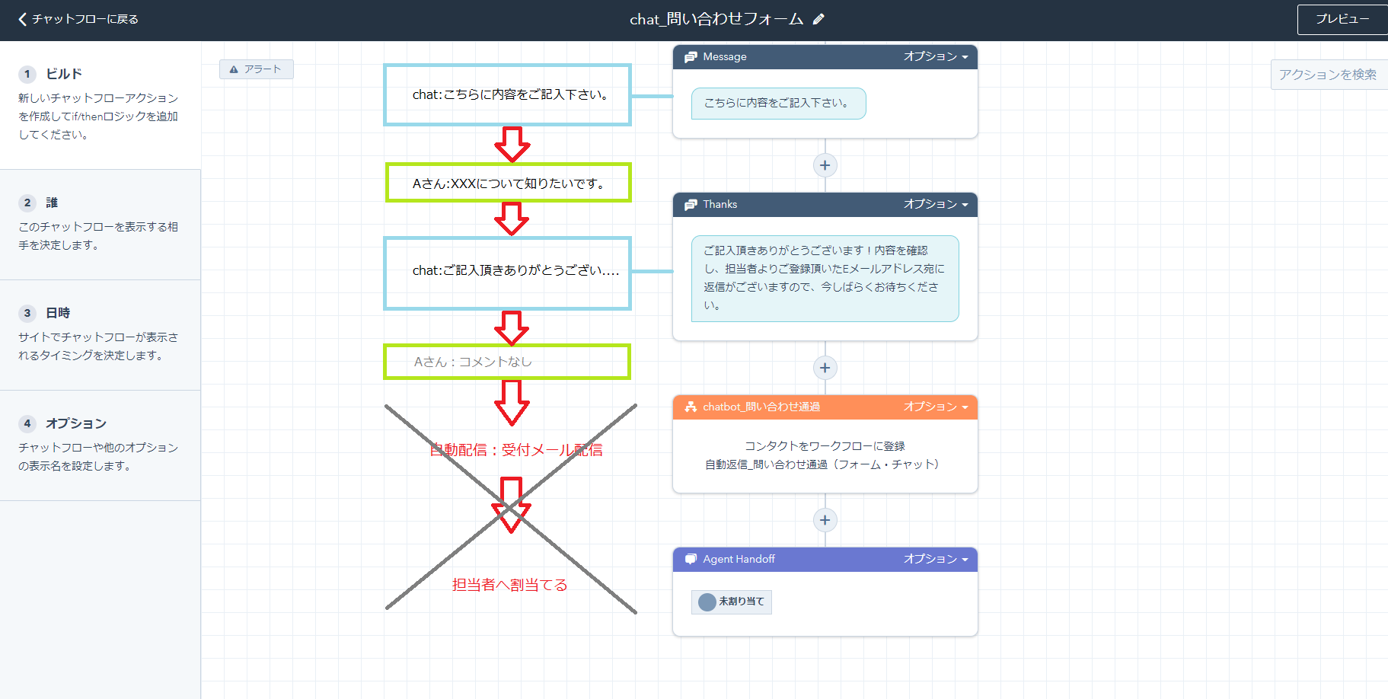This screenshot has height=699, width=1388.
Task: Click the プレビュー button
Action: (x=1342, y=19)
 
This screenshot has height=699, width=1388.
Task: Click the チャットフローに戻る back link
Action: (x=78, y=19)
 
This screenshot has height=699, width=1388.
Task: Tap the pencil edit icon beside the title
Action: (x=818, y=19)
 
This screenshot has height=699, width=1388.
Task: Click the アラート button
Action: (x=257, y=69)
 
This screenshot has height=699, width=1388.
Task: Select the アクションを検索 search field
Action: (x=1328, y=75)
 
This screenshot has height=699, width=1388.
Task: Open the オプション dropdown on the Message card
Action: (x=936, y=56)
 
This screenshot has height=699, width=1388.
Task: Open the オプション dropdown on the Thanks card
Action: (x=936, y=204)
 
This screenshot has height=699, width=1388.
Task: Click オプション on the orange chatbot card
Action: (x=936, y=407)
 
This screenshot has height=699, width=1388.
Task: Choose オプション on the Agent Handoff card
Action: (x=936, y=559)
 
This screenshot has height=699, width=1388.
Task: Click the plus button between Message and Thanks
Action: (x=825, y=165)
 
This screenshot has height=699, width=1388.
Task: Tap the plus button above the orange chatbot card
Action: (x=825, y=368)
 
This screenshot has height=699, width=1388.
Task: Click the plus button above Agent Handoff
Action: (x=825, y=520)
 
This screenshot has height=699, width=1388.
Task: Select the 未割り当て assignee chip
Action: (x=732, y=602)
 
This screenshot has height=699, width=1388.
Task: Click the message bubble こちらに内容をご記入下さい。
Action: (x=778, y=104)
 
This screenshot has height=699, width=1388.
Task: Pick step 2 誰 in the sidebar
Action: (x=52, y=203)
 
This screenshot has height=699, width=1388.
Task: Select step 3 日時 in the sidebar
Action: (x=58, y=313)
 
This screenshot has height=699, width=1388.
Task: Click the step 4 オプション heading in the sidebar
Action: (x=75, y=423)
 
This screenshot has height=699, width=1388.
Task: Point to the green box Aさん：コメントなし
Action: (x=507, y=362)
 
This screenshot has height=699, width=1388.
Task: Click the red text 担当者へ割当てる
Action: (x=509, y=585)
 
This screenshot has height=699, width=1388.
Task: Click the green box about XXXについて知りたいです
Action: (x=508, y=183)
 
